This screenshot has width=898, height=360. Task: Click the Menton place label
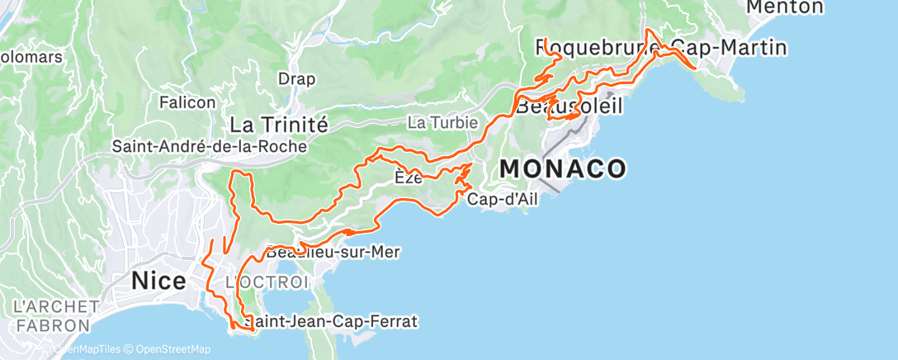[784, 7]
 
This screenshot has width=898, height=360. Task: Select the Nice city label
[158, 282]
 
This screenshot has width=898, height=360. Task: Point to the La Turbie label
[443, 122]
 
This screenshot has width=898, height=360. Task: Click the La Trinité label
[279, 125]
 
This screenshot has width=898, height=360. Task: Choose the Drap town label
[296, 79]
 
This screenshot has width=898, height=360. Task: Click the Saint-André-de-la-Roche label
[210, 146]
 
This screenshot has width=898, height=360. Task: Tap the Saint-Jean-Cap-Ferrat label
[330, 320]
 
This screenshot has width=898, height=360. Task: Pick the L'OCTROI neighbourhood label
[255, 282]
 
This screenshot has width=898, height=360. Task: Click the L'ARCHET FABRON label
[51, 316]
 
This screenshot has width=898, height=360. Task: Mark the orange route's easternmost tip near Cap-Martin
[698, 69]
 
